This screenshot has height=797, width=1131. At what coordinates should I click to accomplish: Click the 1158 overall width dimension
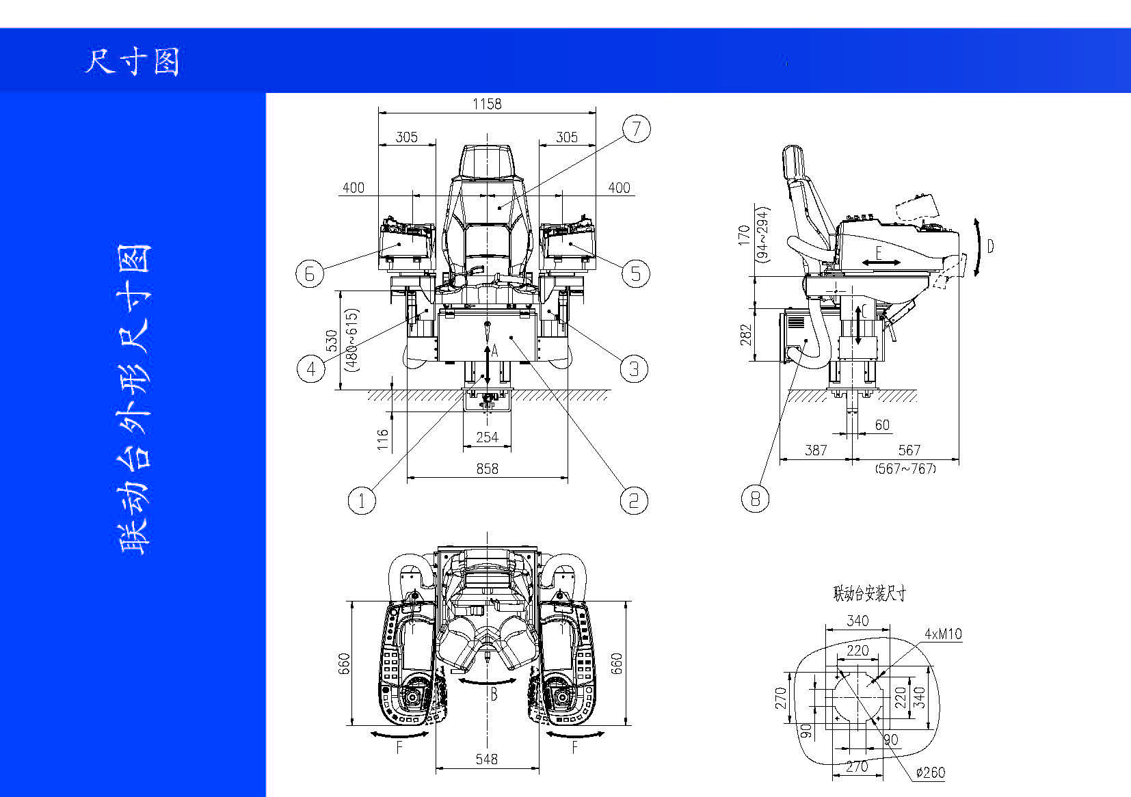coord(487,104)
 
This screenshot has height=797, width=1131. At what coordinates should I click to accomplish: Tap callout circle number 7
coord(636,129)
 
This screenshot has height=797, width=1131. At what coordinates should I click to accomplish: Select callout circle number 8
coord(755,499)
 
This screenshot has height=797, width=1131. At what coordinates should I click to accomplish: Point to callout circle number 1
coord(362,501)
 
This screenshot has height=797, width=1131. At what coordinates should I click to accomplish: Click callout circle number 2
coord(634,500)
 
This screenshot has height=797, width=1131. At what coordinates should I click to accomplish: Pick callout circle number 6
coord(310,273)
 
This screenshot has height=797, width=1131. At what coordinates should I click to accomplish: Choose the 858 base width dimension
coord(488,469)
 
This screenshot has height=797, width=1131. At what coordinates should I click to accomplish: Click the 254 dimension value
coord(487,437)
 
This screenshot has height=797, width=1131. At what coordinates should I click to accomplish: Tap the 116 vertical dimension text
coord(383,440)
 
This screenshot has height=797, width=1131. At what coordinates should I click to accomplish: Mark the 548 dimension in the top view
coord(487,759)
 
